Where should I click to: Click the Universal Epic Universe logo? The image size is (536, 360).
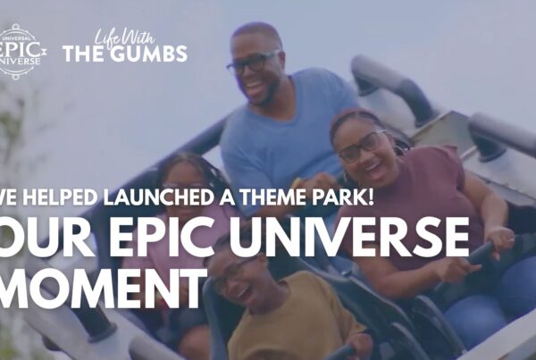point(21,51)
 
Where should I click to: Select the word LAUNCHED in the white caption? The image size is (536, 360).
point(159,197)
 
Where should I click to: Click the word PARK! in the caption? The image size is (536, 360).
point(345,197)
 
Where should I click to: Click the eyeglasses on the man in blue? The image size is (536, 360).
point(253,63)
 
